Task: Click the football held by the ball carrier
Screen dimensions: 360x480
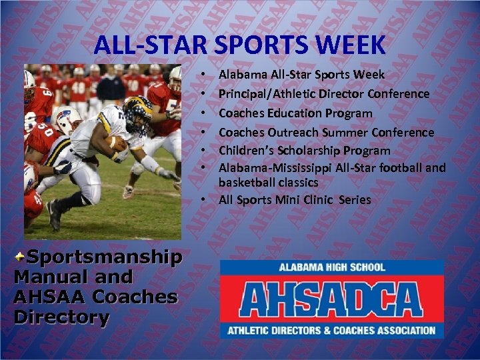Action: [x=117, y=143]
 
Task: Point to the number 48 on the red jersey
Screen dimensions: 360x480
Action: [x=80, y=86]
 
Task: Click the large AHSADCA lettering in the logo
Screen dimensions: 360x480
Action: [x=331, y=299]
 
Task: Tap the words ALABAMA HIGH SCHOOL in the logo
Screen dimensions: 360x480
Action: [x=332, y=267]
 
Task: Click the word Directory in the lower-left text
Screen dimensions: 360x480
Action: [x=61, y=317]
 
